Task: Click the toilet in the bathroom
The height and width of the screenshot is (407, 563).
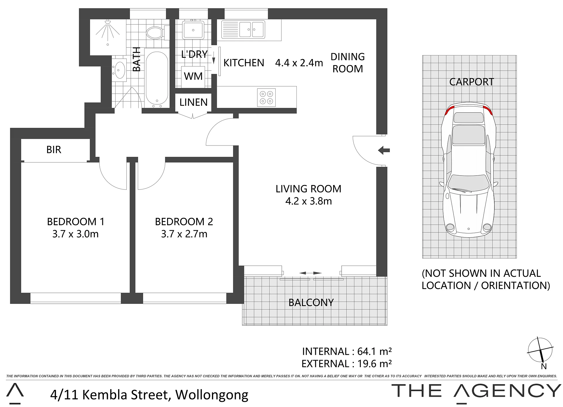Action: pyautogui.click(x=157, y=32)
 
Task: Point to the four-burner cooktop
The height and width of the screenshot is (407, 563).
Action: pyautogui.click(x=266, y=98)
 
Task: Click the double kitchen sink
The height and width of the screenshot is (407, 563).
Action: pyautogui.click(x=243, y=29)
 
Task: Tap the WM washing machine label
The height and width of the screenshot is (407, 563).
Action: pyautogui.click(x=193, y=76)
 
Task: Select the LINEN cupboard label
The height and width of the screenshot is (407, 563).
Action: pyautogui.click(x=194, y=102)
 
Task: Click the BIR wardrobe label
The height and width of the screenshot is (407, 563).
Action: pyautogui.click(x=54, y=150)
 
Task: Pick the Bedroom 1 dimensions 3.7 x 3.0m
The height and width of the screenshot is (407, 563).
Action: pyautogui.click(x=75, y=234)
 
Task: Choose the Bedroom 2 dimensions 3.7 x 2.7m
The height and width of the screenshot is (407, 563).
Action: pyautogui.click(x=184, y=234)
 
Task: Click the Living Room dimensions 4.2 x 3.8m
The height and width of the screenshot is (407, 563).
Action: pyautogui.click(x=308, y=201)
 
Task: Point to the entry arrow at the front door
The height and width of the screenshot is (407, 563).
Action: pyautogui.click(x=384, y=151)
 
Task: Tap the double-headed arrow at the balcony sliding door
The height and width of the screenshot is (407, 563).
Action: pyautogui.click(x=311, y=273)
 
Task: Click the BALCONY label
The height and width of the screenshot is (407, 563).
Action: pyautogui.click(x=311, y=303)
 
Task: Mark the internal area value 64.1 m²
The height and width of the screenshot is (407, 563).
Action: pyautogui.click(x=375, y=351)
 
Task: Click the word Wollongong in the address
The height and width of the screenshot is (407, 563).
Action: pyautogui.click(x=212, y=395)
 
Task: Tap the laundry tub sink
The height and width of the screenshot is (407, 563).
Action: pyautogui.click(x=193, y=29)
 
